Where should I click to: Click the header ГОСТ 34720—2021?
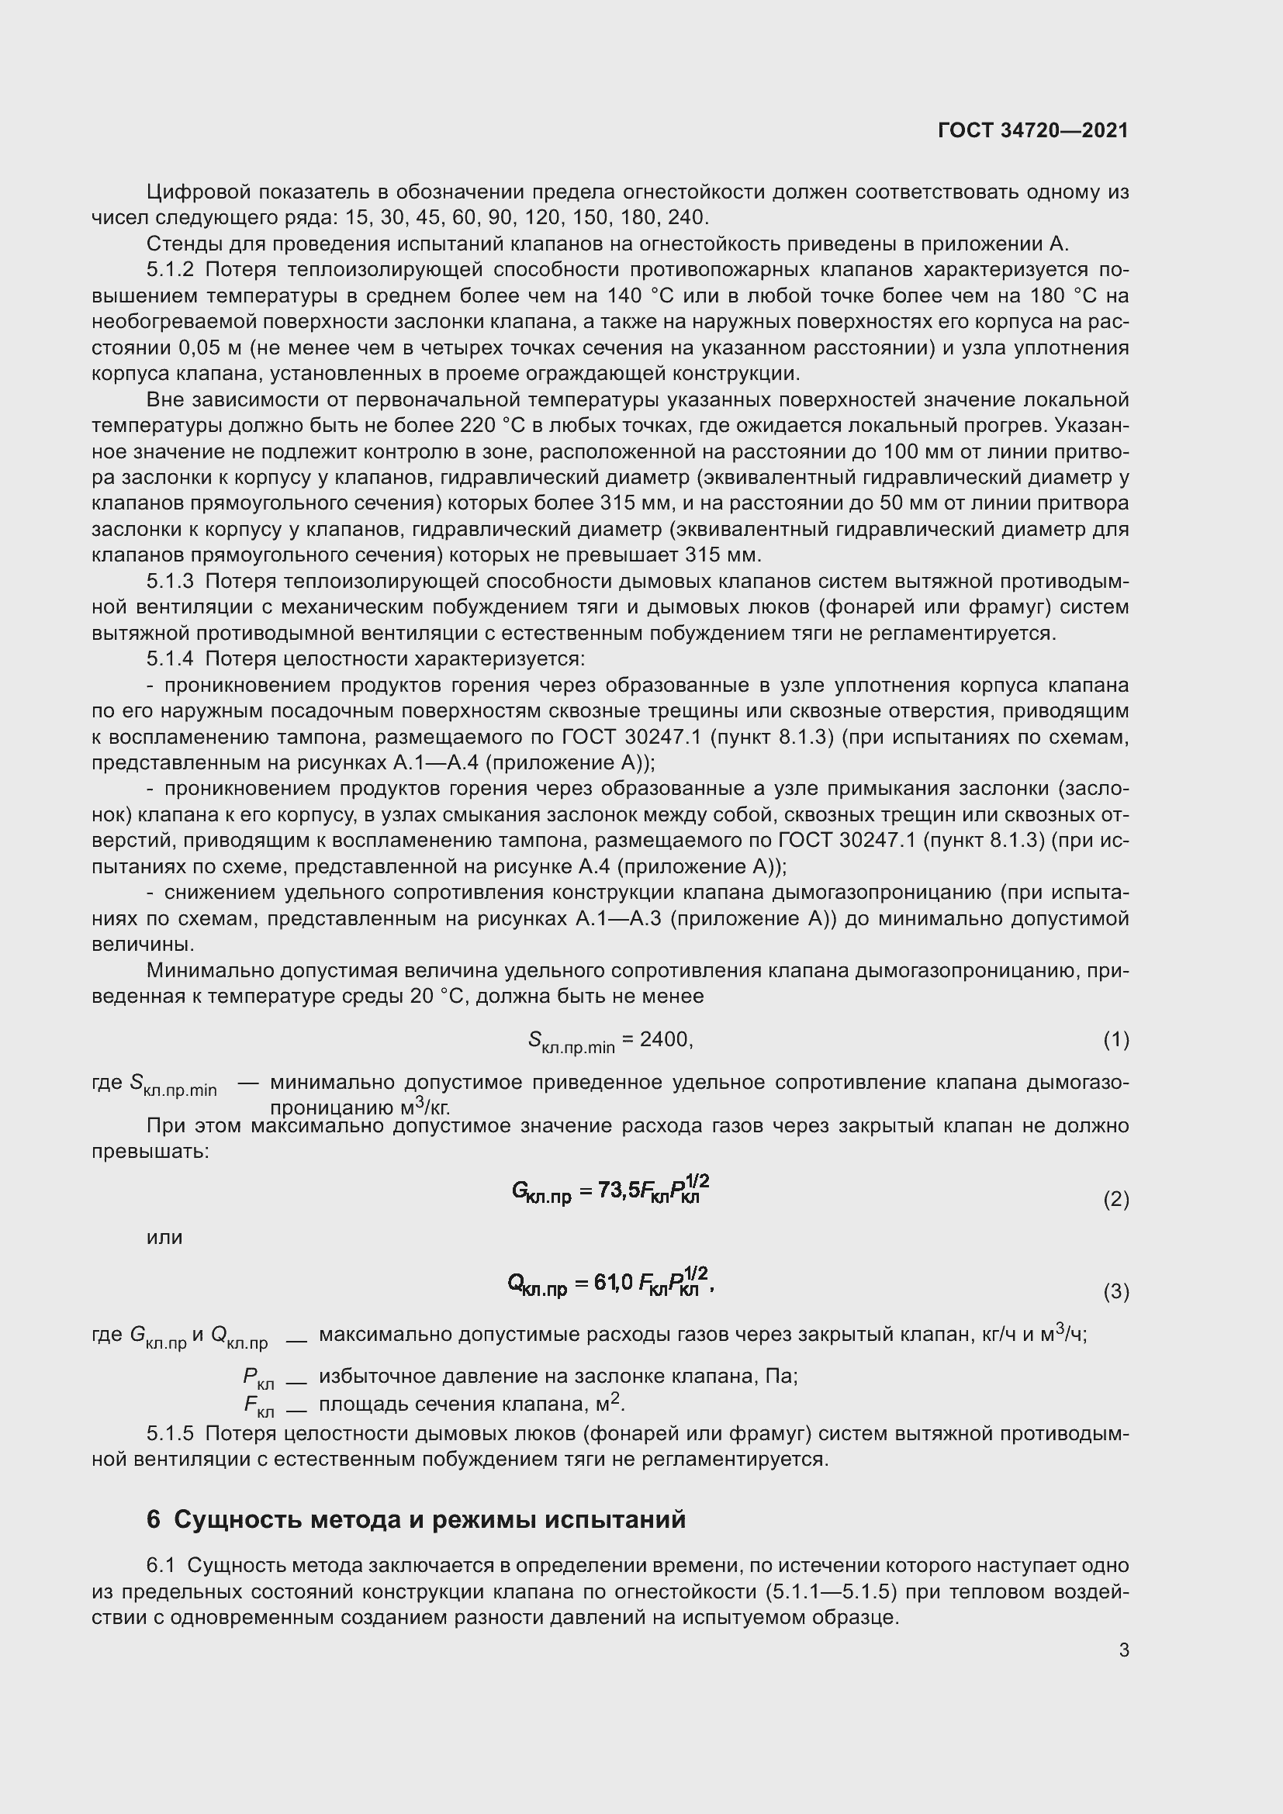[1032, 130]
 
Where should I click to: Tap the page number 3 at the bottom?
[1123, 1650]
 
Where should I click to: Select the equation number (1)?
[1115, 1040]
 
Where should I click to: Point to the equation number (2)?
[1115, 1199]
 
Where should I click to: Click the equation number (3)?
[1115, 1292]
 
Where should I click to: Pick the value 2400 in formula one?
[664, 1040]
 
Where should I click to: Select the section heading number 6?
[154, 1519]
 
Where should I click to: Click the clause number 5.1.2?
[170, 269]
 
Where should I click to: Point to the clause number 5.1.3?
[170, 581]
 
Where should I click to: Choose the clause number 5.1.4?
[170, 658]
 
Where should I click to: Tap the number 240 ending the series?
[687, 217]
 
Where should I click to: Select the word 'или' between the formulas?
[164, 1237]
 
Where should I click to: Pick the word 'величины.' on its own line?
[143, 944]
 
